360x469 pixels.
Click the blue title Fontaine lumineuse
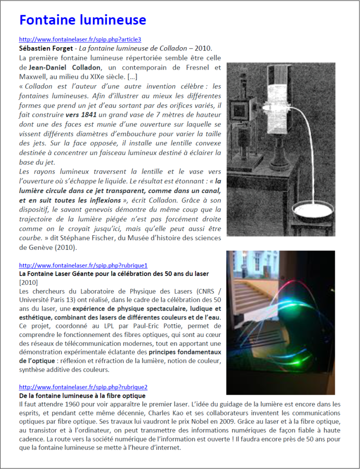(x=83, y=20)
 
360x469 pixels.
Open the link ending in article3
(x=77, y=39)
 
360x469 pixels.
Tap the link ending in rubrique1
(x=83, y=265)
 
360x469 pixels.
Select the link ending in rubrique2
(x=83, y=387)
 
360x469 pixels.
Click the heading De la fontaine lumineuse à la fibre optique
(x=82, y=395)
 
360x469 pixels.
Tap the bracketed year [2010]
(x=28, y=282)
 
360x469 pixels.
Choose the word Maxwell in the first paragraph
(x=33, y=76)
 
